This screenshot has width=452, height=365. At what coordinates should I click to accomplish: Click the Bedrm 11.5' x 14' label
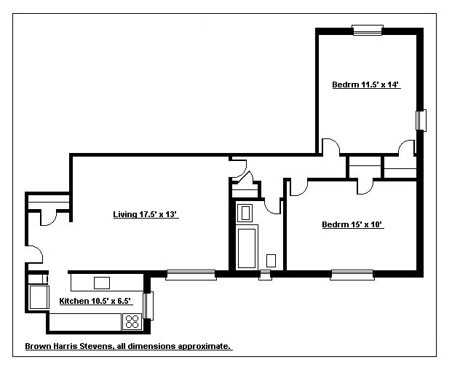366,85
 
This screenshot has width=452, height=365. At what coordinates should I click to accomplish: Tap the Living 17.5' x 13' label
146,214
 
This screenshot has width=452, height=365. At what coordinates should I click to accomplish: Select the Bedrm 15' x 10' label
352,225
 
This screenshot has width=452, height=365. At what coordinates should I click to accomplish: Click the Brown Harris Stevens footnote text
128,347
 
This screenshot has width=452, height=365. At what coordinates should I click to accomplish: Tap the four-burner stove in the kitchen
132,320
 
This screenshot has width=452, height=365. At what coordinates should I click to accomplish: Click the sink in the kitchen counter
102,283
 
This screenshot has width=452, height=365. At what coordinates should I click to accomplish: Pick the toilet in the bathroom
271,259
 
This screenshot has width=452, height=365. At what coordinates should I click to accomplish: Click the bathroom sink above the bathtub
246,213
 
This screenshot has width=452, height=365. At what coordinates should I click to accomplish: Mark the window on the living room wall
191,275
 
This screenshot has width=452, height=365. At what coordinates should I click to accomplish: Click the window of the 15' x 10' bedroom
352,275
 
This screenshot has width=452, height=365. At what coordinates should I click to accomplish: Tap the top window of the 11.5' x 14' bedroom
367,30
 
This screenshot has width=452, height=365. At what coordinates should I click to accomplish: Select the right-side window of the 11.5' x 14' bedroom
421,119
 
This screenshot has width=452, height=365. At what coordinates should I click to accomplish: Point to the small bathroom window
266,275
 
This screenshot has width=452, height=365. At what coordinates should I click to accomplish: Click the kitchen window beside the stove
149,305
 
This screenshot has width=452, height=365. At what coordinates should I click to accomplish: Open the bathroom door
274,206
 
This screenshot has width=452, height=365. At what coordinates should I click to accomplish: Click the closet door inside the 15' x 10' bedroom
365,187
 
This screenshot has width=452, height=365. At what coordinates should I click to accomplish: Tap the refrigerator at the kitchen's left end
36,297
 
